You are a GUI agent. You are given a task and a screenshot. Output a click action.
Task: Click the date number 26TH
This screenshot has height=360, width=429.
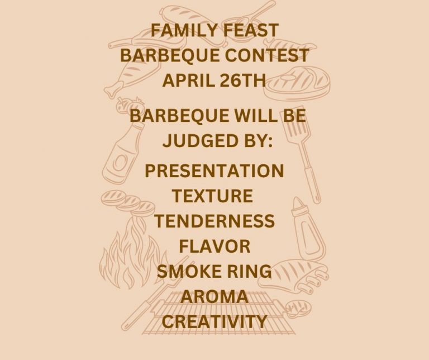(241, 80)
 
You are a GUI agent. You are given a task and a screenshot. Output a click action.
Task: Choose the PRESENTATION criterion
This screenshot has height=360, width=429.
(214, 170)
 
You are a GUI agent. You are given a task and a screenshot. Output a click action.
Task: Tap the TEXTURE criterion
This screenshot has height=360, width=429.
(212, 196)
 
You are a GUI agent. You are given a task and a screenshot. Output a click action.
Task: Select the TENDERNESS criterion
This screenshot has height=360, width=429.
(214, 221)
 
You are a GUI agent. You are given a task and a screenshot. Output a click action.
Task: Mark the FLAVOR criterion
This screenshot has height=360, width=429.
(214, 246)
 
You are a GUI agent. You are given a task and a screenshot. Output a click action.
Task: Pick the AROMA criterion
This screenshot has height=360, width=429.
(214, 297)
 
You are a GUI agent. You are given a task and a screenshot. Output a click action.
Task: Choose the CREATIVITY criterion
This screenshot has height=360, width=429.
(214, 322)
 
